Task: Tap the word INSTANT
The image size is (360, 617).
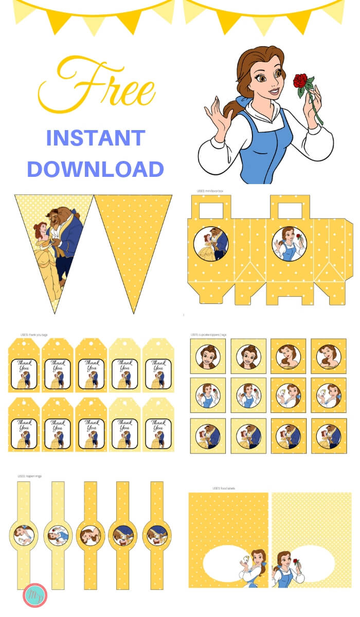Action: pyautogui.click(x=96, y=138)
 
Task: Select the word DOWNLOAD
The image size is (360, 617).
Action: pyautogui.click(x=96, y=169)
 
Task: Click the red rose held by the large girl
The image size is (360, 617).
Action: pyautogui.click(x=302, y=81)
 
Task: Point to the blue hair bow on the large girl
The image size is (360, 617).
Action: pyautogui.click(x=242, y=100)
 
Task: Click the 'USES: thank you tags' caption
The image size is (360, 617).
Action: pyautogui.click(x=34, y=335)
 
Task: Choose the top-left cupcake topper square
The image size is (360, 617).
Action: pyautogui.click(x=208, y=356)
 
